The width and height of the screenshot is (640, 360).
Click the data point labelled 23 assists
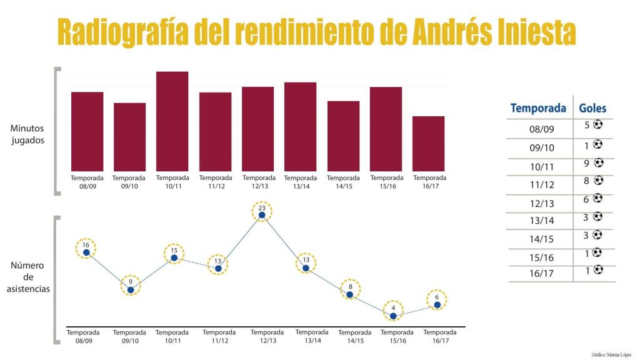pos(262,215)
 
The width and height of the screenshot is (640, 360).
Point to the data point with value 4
pos(393,316)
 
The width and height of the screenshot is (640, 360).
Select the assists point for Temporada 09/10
pos(131,289)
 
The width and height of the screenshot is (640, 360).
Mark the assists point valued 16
pos(86,252)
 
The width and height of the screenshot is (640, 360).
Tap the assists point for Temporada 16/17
pos(437,305)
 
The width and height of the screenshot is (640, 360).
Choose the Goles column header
pos(592,108)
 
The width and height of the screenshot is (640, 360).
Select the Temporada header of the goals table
pos(538,108)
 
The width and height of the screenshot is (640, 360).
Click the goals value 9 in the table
pos(587,164)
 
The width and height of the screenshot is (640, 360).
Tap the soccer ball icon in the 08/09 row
pos(598,124)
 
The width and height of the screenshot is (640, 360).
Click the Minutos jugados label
pos(27,134)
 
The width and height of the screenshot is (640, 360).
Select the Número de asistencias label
pos(28,277)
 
